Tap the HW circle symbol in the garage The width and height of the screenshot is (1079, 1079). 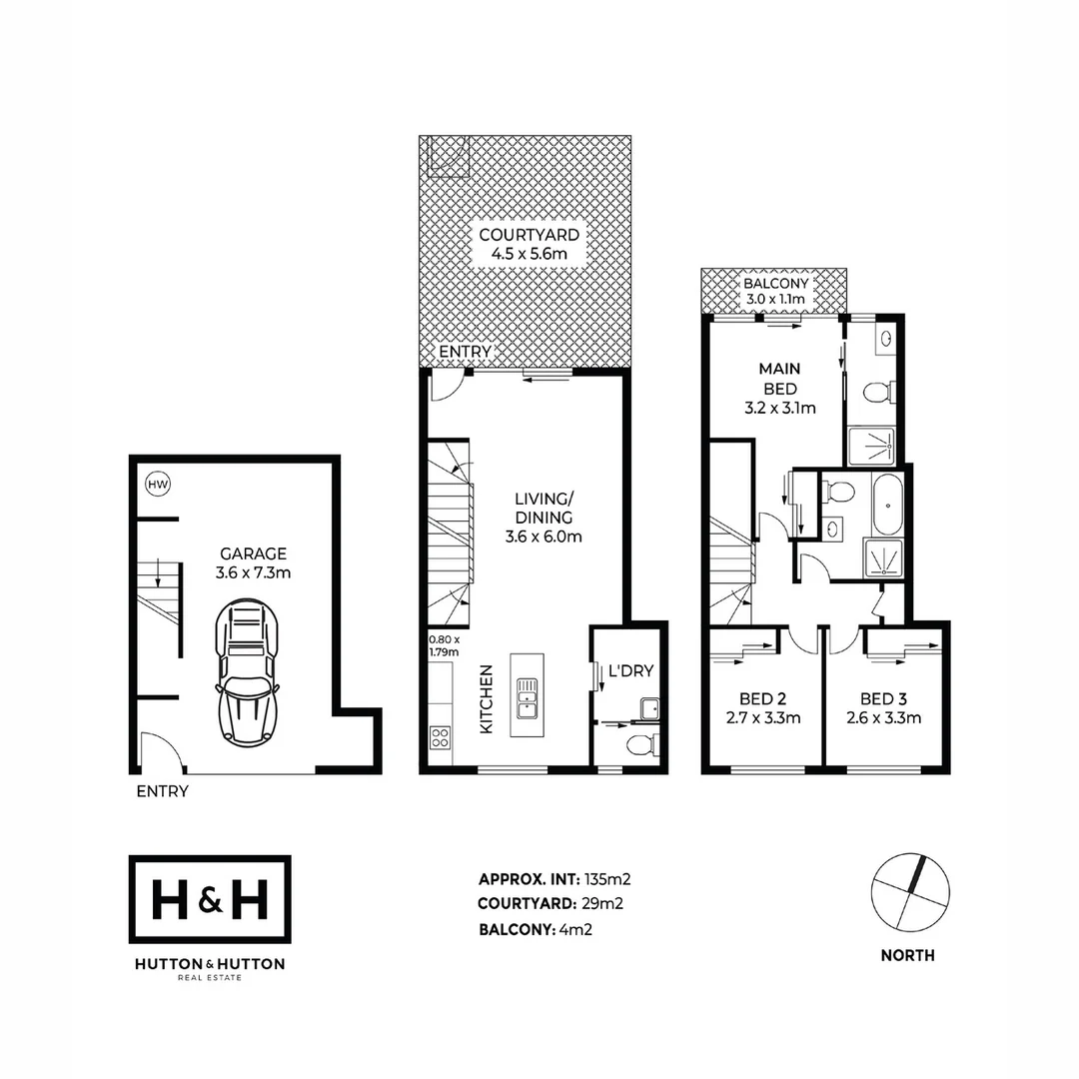click(157, 485)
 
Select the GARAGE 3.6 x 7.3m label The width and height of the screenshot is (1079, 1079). click(254, 562)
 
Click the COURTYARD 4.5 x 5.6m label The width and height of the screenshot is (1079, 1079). click(529, 244)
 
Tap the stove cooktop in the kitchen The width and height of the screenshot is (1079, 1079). click(439, 737)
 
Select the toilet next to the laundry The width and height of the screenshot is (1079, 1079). click(641, 744)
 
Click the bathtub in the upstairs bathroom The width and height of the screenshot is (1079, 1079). click(886, 506)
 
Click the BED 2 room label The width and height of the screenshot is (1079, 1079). click(764, 707)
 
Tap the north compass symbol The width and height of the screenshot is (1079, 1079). click(909, 892)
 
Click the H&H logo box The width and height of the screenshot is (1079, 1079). click(210, 900)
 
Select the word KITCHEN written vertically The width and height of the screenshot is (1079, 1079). click(487, 699)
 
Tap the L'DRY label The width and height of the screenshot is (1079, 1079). click(629, 673)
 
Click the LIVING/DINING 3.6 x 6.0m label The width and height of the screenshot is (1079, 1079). click(542, 518)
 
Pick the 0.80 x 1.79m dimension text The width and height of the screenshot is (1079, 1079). click(444, 645)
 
